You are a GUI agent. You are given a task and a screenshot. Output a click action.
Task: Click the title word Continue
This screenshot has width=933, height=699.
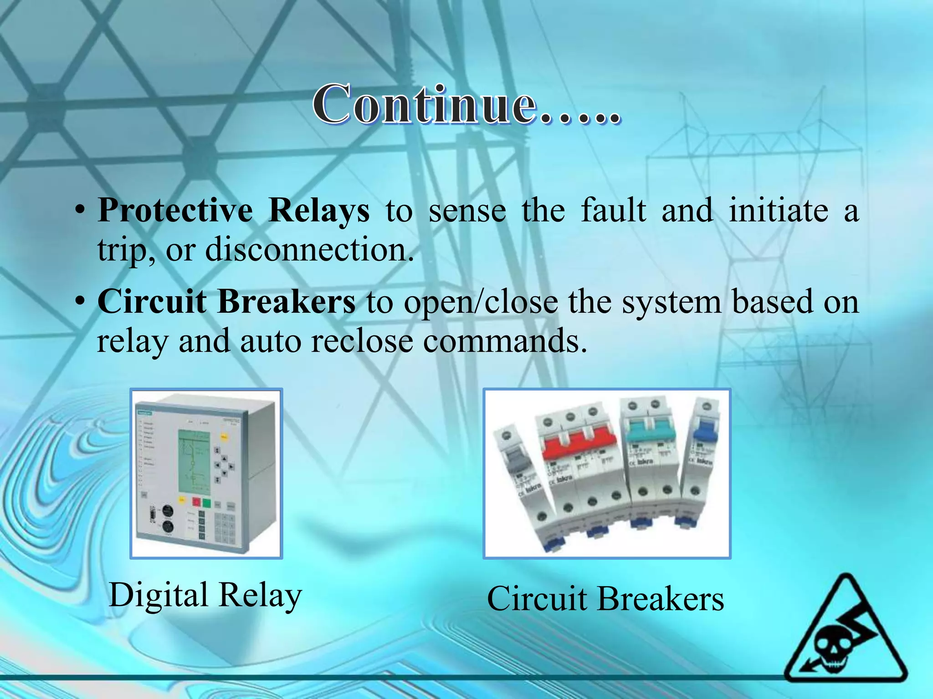[x=424, y=105]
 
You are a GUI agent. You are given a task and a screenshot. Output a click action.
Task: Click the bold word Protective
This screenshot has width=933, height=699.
[x=175, y=210]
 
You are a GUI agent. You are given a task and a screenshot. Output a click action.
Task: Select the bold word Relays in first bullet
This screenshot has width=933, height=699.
[x=319, y=210]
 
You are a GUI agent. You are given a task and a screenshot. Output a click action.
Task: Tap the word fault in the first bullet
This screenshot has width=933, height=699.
[x=614, y=210]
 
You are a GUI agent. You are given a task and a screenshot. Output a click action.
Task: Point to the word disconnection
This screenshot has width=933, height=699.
[x=309, y=249]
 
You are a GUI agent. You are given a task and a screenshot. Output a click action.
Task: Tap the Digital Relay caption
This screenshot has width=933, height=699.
[x=205, y=595]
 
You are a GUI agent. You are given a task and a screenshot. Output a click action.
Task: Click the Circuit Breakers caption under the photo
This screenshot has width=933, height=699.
[x=605, y=598]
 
